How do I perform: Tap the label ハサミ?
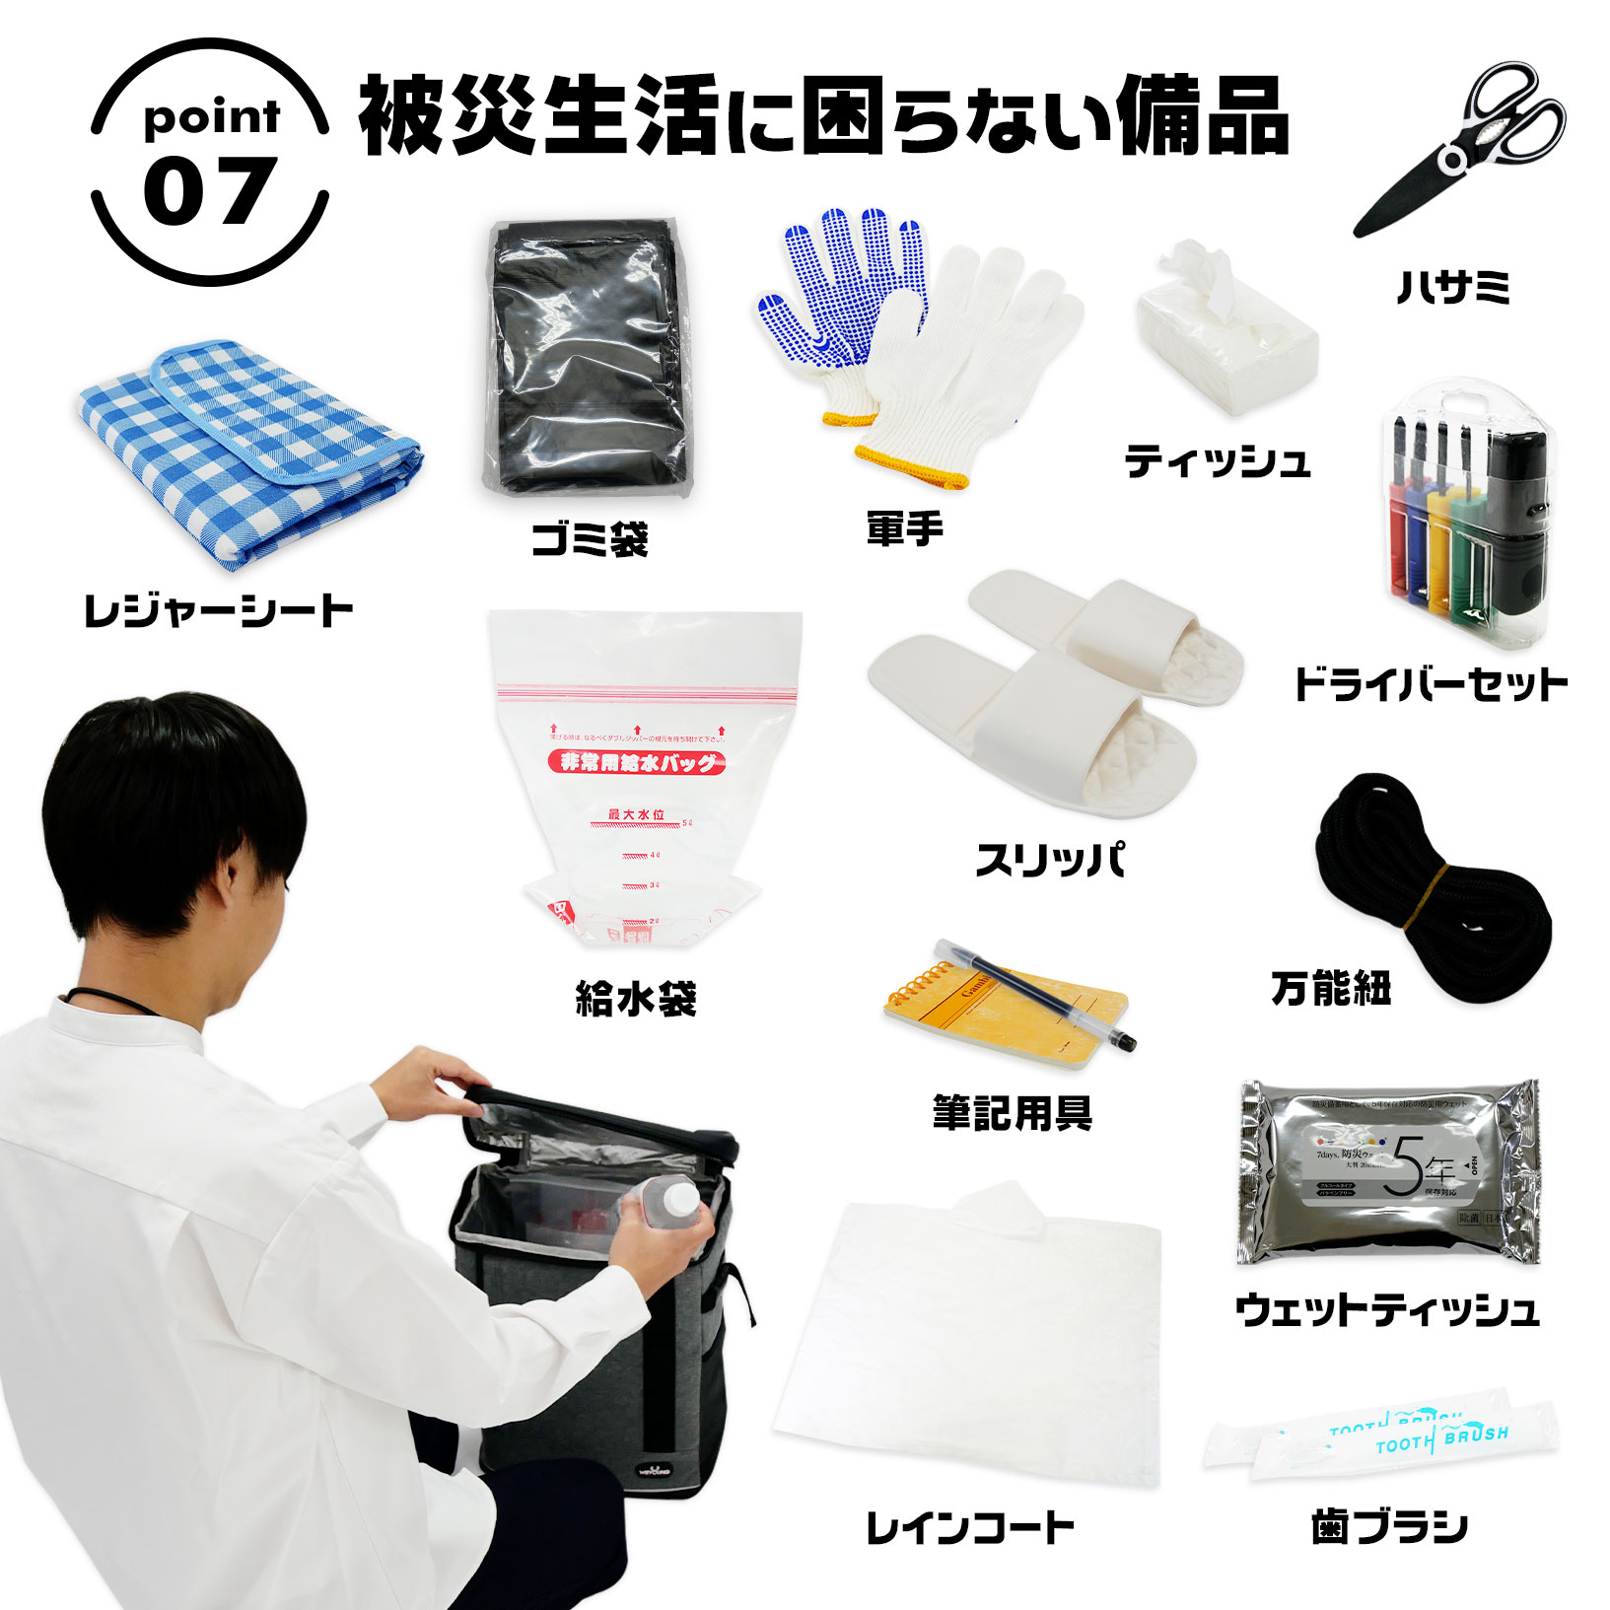point(1453,288)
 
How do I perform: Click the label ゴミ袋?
point(590,539)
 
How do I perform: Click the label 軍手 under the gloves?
point(904,529)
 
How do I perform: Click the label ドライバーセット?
point(1431,684)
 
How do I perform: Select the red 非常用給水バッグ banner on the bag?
point(637,761)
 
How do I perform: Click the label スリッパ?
point(1049,860)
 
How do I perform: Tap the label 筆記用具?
point(1012,1113)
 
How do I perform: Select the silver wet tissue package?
point(1388,1171)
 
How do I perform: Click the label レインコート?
point(968,1528)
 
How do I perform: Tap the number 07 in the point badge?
point(208,191)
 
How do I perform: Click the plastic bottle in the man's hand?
point(670,1215)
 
